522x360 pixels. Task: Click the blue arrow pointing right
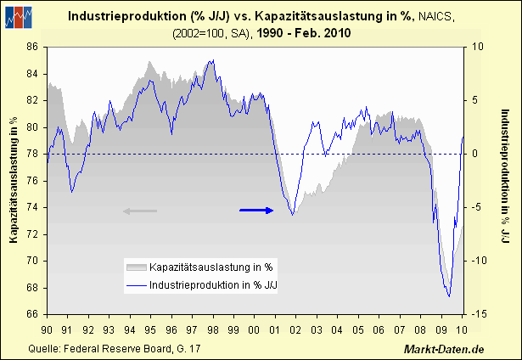coord(256,210)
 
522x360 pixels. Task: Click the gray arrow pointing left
coord(140,210)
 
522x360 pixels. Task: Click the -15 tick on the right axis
coord(480,314)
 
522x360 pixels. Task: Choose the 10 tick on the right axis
coord(476,47)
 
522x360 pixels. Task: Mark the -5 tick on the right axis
coord(478,207)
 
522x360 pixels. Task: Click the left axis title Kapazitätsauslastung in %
coord(14,180)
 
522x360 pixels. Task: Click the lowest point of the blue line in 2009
coord(448,297)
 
